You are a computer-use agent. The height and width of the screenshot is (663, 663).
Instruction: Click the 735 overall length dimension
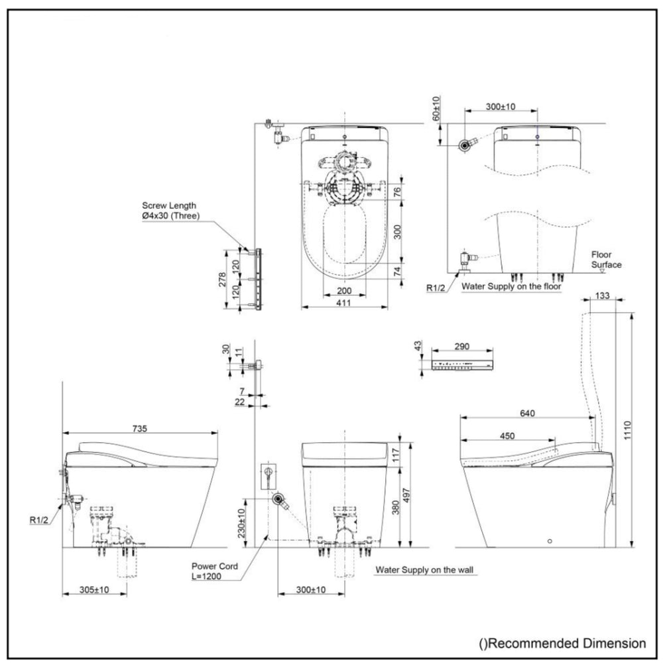[x=139, y=428]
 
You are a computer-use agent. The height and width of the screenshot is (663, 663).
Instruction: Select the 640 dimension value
[x=527, y=413]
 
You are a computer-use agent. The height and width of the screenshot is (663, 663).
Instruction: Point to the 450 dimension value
[x=507, y=436]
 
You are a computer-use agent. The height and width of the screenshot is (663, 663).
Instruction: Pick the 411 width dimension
[x=343, y=302]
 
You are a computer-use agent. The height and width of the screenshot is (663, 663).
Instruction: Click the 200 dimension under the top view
[x=343, y=290]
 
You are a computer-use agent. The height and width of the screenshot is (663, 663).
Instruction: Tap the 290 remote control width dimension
[x=462, y=347]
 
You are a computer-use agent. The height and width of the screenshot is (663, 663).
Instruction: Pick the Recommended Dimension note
[x=562, y=642]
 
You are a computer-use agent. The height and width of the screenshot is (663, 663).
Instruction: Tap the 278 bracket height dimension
[x=223, y=278]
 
